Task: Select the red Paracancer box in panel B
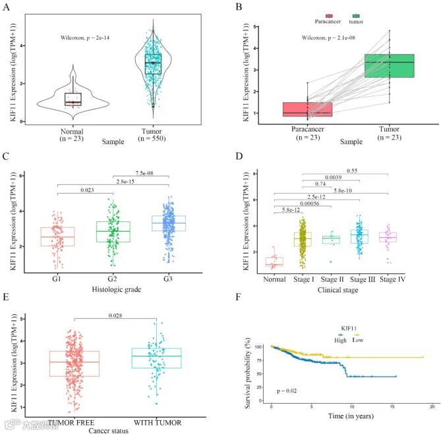pos(298,109)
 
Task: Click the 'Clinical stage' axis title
pos(333,287)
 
